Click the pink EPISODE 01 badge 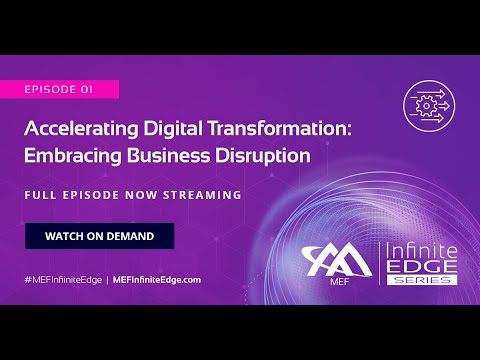(59, 89)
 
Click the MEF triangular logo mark (337, 261)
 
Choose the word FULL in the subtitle (41, 193)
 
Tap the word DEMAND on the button (127, 235)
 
